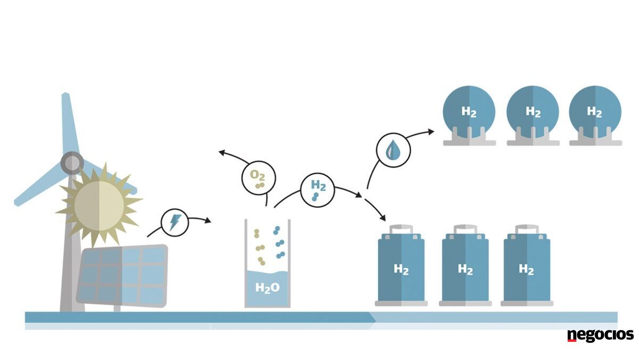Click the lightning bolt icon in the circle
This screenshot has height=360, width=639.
tap(175, 223)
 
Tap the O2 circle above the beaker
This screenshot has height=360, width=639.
tap(258, 178)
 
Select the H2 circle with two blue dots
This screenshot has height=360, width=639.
tap(317, 190)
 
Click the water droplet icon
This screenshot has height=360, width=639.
tap(393, 150)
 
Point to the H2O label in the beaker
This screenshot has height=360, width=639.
tap(267, 288)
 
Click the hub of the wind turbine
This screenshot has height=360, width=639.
tap(72, 163)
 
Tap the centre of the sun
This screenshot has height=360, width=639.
tap(99, 206)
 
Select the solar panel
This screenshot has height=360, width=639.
tap(122, 275)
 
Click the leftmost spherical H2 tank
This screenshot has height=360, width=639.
tap(469, 116)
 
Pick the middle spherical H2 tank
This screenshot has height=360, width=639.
tap(533, 116)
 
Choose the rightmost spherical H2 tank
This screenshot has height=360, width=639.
tap(595, 116)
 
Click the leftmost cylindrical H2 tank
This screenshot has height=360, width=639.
tap(401, 265)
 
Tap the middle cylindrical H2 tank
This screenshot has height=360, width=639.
tap(465, 265)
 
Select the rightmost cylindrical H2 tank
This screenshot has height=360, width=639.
tap(527, 265)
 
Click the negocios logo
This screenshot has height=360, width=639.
tap(600, 335)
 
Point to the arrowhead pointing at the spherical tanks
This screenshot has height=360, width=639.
tap(431, 132)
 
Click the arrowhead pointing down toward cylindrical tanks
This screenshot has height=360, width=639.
tap(382, 218)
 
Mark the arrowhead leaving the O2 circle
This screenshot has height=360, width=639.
tap(222, 153)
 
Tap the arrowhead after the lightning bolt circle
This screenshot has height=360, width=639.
tap(208, 220)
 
